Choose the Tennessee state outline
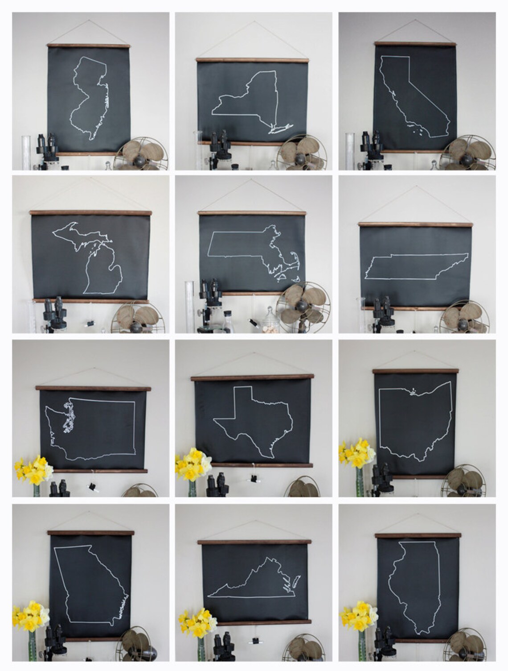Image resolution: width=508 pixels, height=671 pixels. point(417,267)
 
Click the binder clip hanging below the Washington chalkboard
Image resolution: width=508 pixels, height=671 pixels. point(94,485)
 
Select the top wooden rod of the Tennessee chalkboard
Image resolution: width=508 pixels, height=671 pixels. point(415,224)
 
